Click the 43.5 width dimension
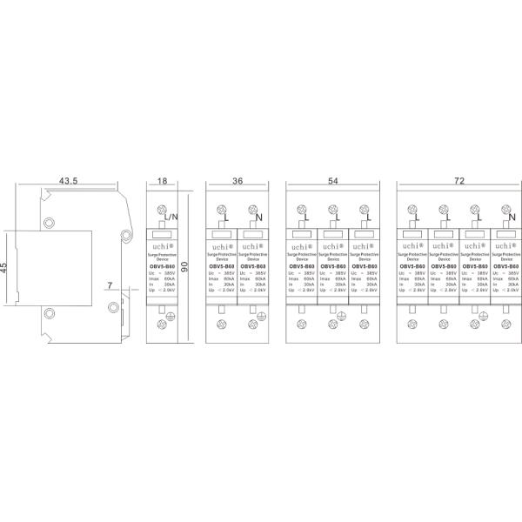tap(69, 181)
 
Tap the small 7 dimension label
tap(110, 285)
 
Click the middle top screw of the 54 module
tap(333, 209)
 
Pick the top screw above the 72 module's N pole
tap(505, 209)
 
